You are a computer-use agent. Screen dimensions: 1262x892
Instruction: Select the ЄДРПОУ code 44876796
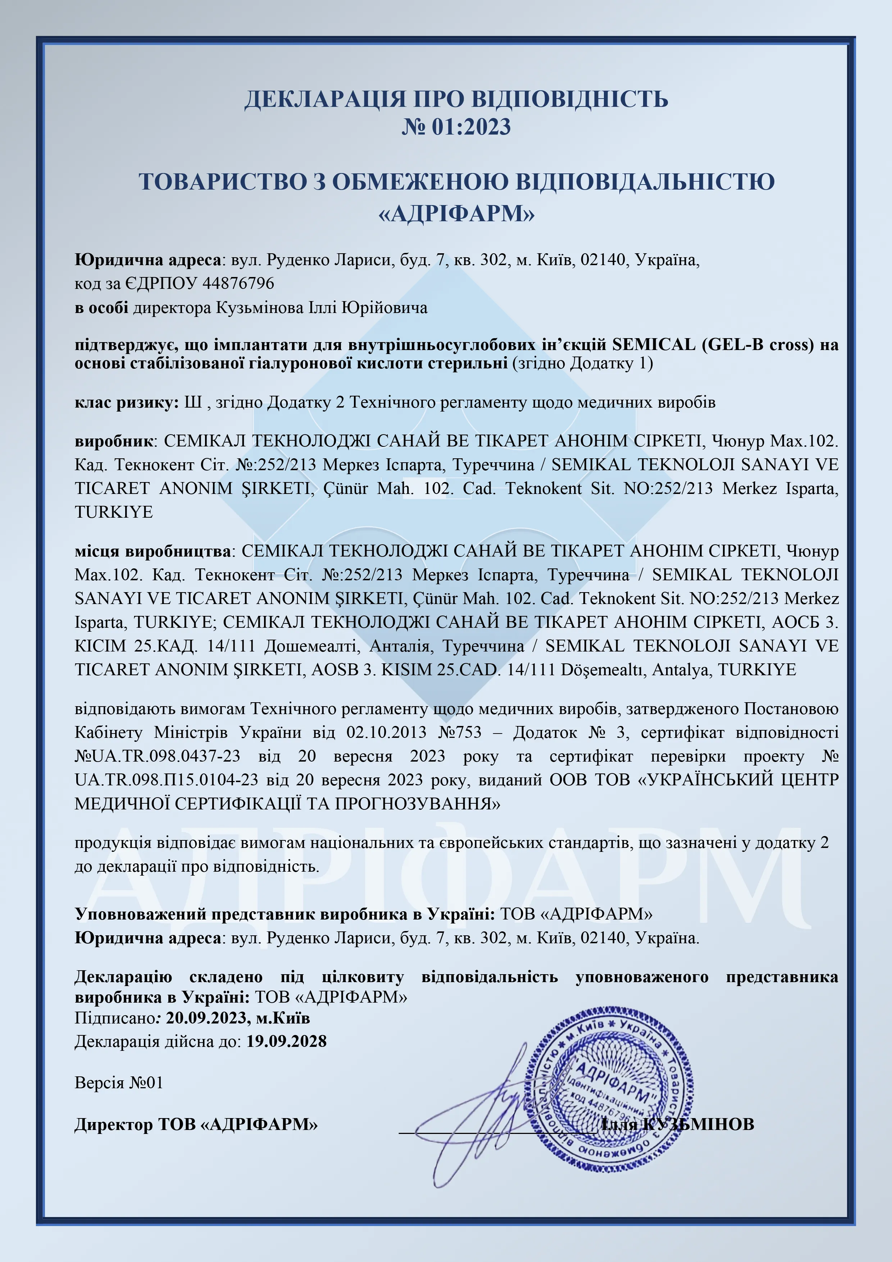238,283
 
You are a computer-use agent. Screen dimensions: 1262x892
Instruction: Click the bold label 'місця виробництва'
153,551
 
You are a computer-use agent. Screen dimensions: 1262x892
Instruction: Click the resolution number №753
460,733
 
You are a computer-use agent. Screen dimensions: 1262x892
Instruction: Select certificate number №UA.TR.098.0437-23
158,756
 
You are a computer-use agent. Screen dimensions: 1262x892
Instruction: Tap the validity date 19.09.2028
286,1041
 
